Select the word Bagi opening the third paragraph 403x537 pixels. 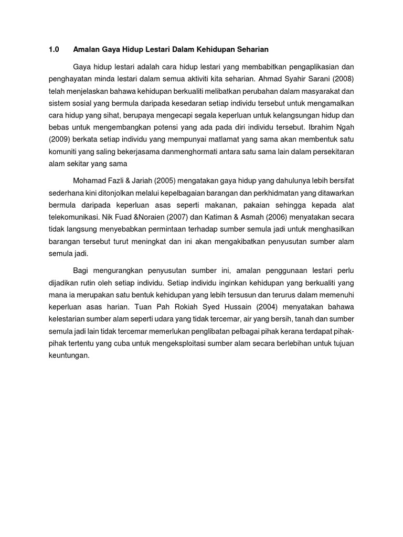pyautogui.click(x=82, y=271)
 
